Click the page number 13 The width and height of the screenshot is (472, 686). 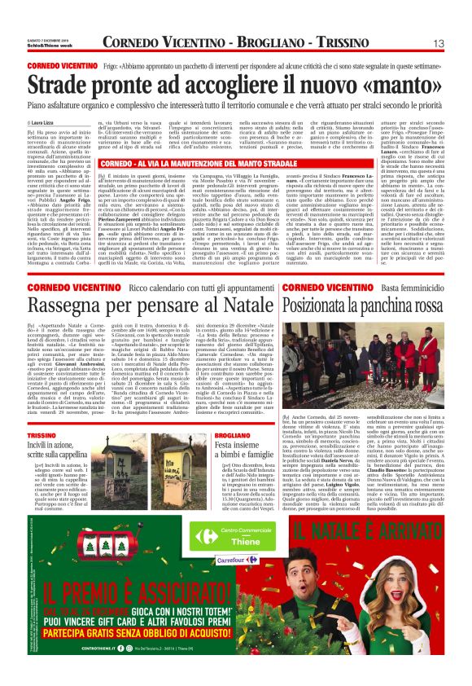point(438,43)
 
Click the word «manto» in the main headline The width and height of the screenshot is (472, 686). point(400,83)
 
